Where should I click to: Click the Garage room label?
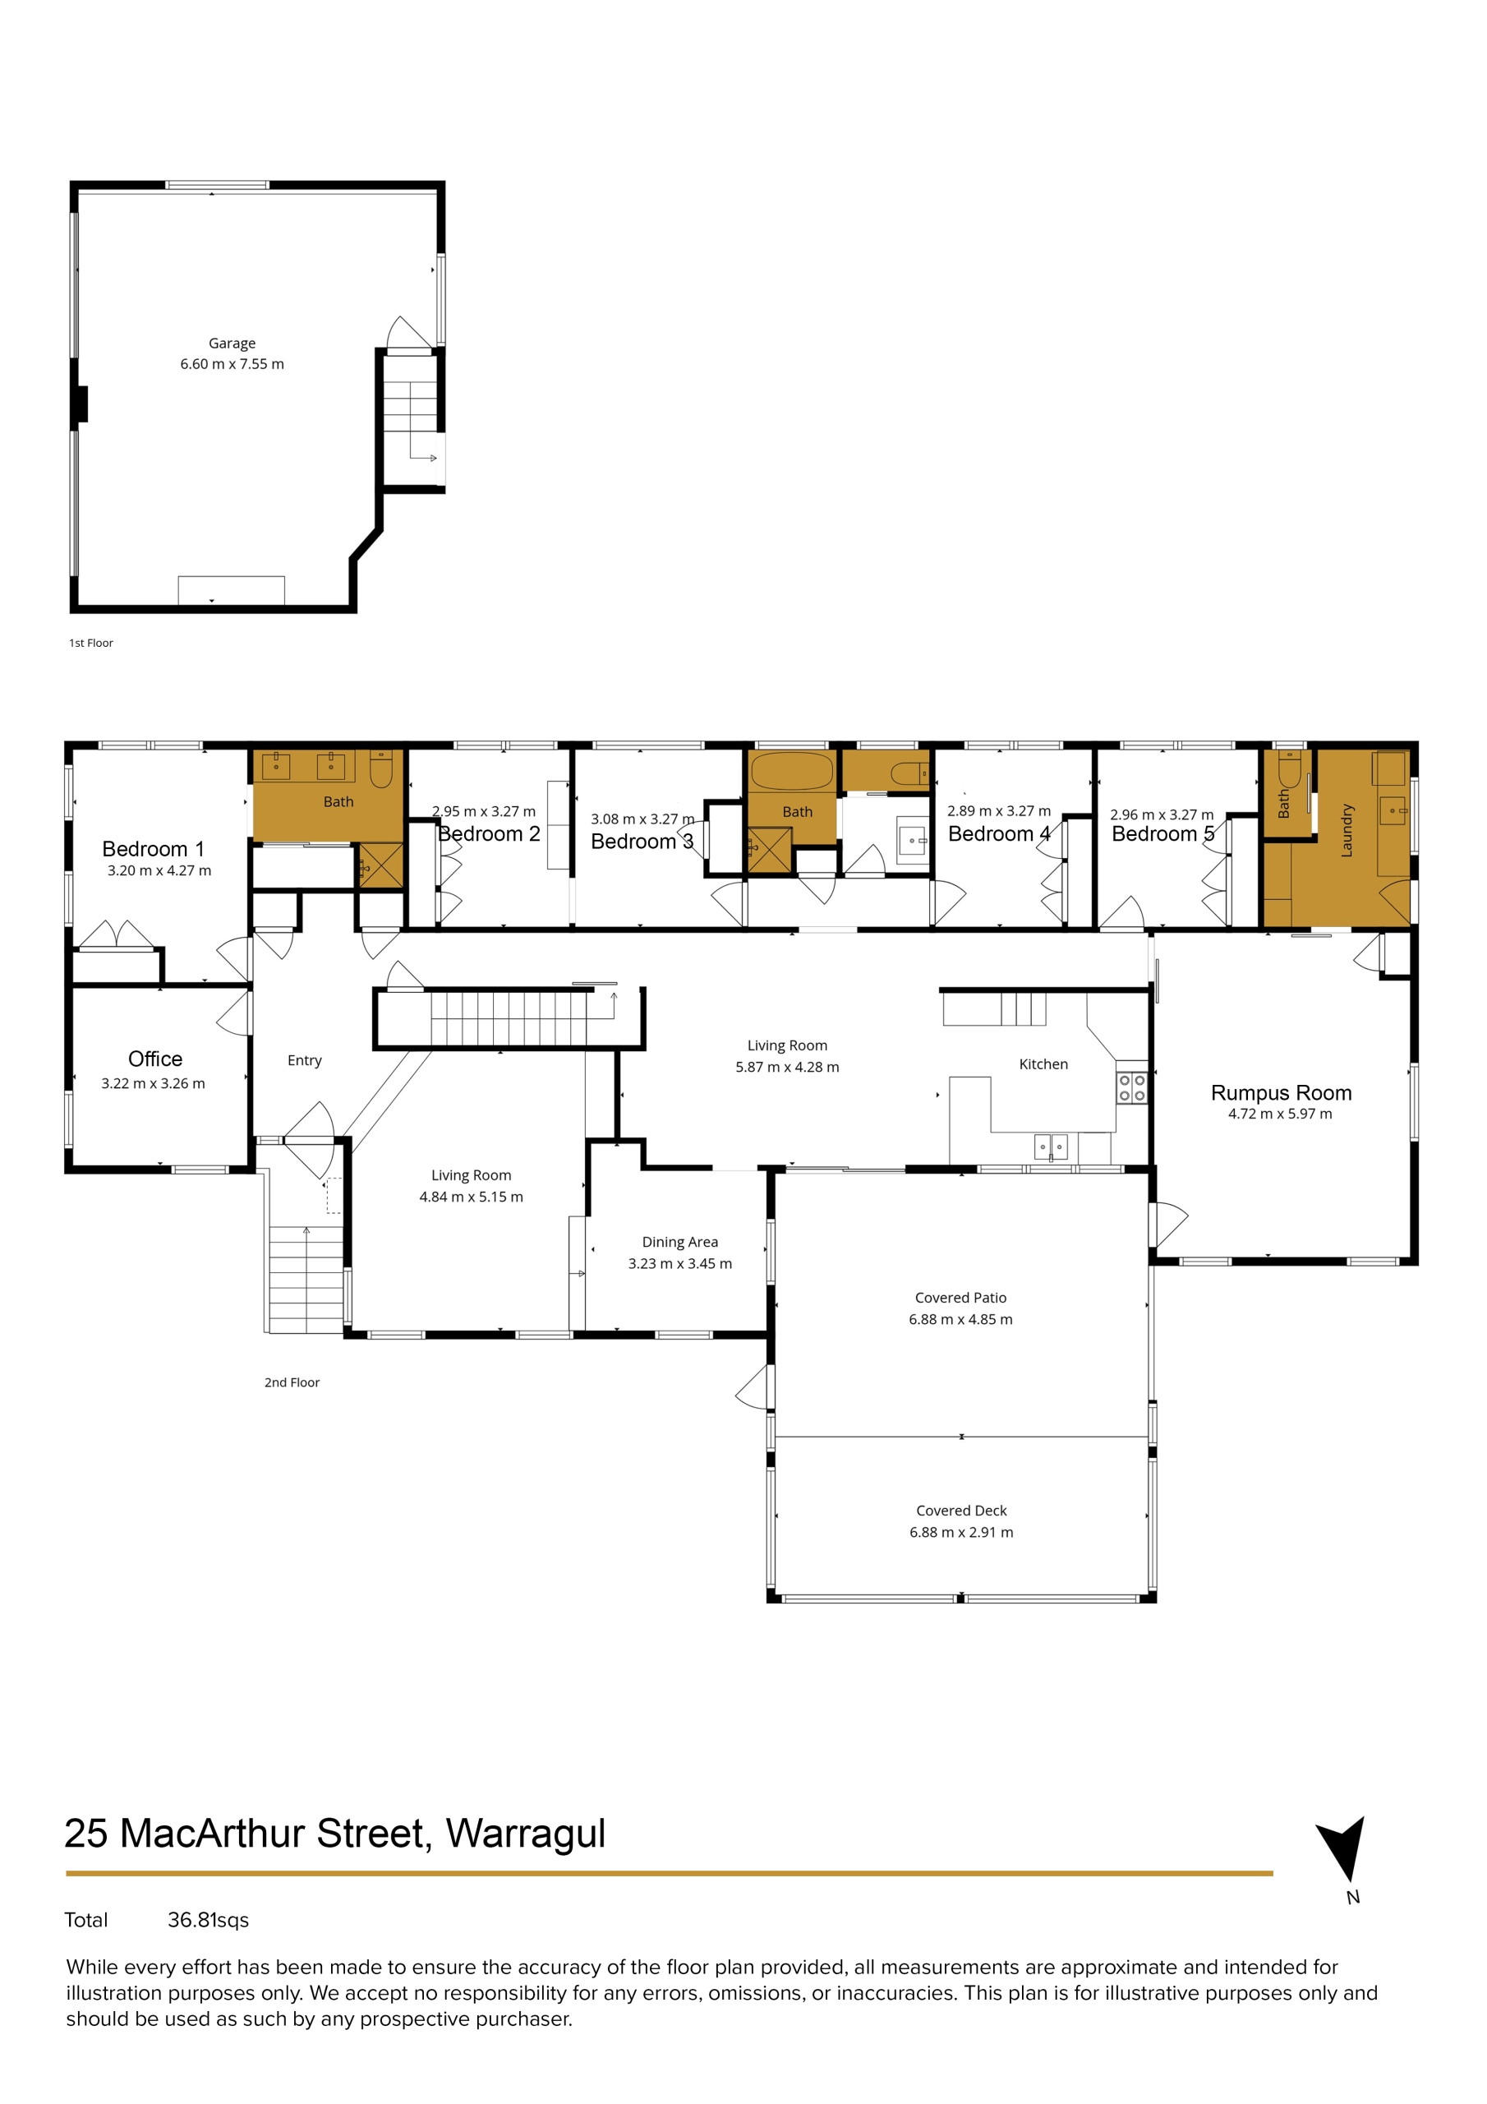tap(232, 344)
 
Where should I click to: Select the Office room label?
tap(154, 1059)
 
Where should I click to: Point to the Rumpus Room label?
tap(1281, 1092)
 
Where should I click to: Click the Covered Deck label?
tap(961, 1510)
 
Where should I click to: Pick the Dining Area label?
tap(679, 1242)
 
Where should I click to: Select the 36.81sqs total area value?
tap(208, 1920)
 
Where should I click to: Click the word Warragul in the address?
tap(525, 1834)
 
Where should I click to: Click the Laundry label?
tap(1346, 830)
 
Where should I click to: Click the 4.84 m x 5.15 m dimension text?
tap(471, 1196)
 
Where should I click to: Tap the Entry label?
tap(304, 1060)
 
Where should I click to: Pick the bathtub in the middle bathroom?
tap(792, 771)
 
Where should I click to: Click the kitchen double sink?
tap(1050, 1147)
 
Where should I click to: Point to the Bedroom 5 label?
tap(1162, 834)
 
